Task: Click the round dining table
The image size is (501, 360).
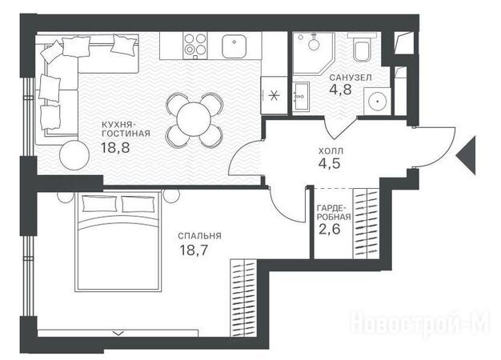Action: coord(194,120)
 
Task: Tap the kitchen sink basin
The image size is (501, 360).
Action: coord(234,46)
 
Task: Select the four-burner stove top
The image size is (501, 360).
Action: coord(195,46)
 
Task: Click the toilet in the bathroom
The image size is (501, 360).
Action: coord(363,48)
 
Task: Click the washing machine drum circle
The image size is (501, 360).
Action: coord(378,102)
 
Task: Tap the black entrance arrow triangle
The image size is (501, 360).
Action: coord(466,155)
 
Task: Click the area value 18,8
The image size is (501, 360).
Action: coord(115,147)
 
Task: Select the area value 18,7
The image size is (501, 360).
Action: coord(194,250)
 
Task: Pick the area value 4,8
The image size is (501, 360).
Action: coord(340,90)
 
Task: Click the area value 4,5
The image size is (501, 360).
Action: coord(330,163)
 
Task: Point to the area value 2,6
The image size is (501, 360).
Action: coord(330,229)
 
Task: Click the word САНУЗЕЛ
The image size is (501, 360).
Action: coord(351,78)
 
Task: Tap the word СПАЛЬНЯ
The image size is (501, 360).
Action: coord(200,236)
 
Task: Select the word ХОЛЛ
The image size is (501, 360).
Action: coord(331,150)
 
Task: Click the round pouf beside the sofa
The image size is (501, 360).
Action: coord(74,155)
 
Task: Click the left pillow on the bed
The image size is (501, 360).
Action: coord(100,204)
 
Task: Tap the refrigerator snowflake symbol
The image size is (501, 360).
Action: coord(274,95)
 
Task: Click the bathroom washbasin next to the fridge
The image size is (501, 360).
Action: coord(301,97)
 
